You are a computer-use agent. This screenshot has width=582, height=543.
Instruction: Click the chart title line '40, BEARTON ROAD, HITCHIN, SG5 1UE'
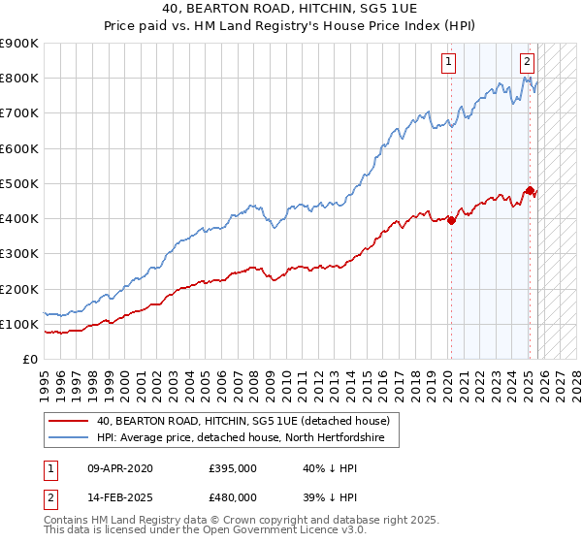[x=290, y=9]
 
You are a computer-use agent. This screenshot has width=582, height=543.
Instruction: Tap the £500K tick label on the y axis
[x=18, y=183]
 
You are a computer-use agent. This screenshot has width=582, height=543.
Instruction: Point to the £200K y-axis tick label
[x=18, y=289]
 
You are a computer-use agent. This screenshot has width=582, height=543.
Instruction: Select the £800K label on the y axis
[x=18, y=79]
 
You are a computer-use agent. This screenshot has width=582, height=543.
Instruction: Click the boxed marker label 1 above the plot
[x=450, y=62]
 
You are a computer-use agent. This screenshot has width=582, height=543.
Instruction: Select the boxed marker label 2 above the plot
[x=527, y=62]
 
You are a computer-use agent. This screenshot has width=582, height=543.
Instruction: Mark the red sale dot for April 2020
[x=451, y=219]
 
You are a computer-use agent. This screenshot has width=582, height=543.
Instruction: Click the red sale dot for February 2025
[x=530, y=190]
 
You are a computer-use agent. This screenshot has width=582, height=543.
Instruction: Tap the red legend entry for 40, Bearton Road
[x=242, y=421]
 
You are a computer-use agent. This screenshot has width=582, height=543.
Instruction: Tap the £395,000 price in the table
[x=232, y=468]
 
